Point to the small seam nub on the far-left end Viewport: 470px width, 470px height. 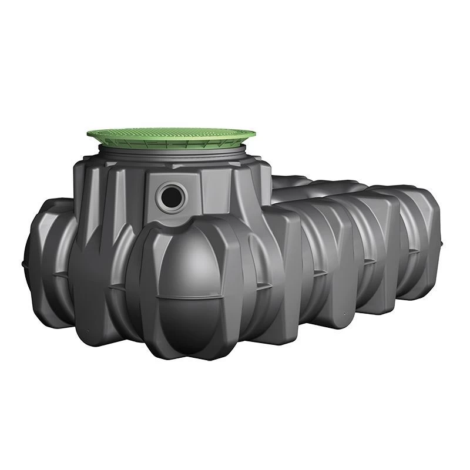tap(24, 259)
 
